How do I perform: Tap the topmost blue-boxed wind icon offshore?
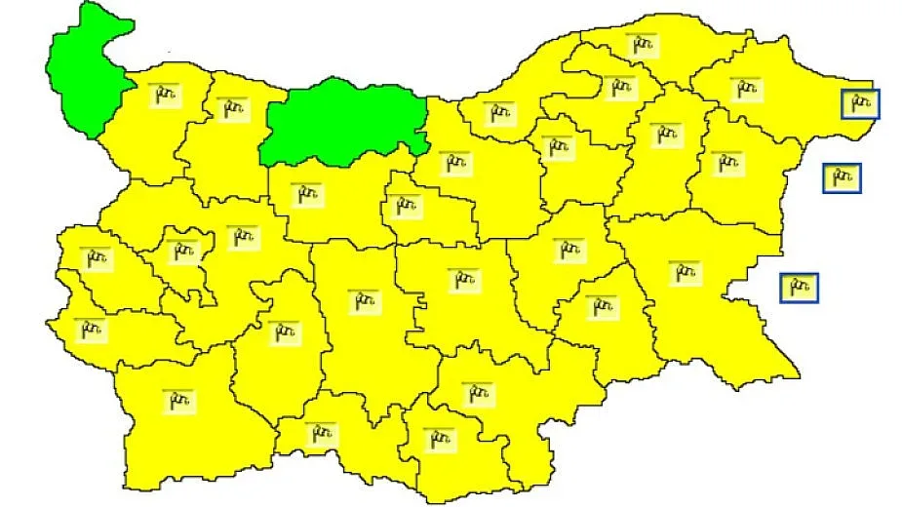(860, 101)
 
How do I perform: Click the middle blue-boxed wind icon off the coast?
(841, 177)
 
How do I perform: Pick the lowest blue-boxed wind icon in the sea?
(799, 288)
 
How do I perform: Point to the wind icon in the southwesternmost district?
(179, 400)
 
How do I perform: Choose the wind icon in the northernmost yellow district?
(641, 45)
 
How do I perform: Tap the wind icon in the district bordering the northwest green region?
(162, 96)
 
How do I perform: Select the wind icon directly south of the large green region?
(307, 193)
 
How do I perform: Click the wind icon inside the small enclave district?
(181, 253)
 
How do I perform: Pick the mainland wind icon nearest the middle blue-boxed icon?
(726, 162)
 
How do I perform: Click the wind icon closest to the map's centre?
(464, 280)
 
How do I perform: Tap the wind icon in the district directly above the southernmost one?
(477, 393)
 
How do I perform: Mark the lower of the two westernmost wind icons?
(91, 329)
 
